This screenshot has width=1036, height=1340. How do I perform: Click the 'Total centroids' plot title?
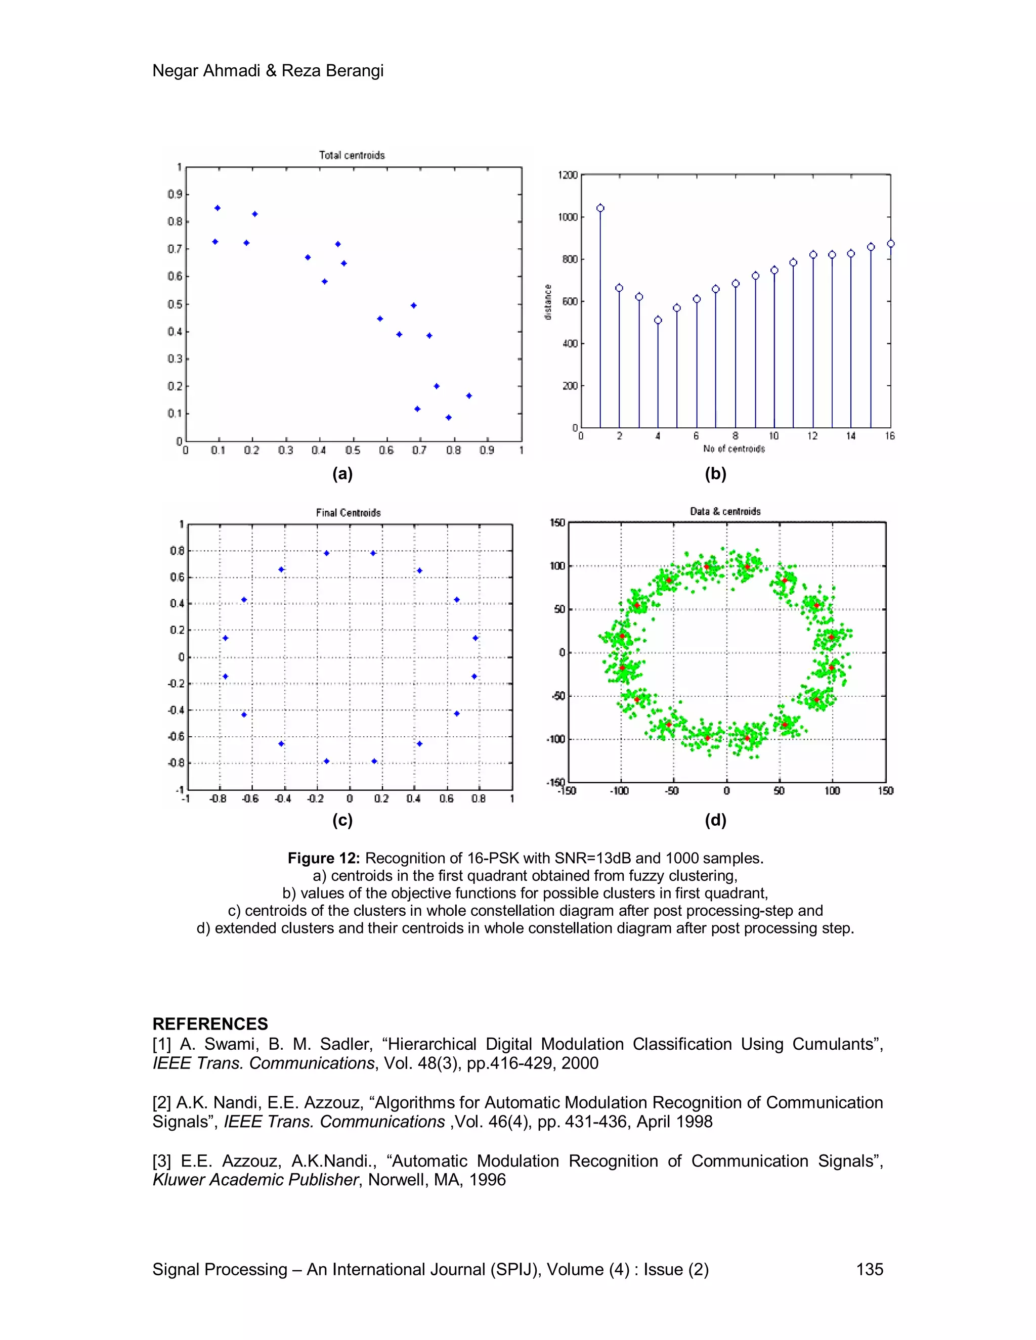click(352, 155)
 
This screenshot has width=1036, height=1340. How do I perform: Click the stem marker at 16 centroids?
click(890, 244)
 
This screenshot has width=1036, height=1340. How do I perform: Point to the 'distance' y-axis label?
click(548, 302)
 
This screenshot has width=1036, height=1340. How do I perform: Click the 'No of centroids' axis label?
click(734, 449)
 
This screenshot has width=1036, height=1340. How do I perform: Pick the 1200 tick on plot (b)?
click(568, 175)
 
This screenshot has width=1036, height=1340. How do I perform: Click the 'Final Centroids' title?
click(348, 513)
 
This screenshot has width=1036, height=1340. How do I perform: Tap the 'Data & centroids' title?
click(725, 512)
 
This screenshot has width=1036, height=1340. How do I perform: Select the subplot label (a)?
click(342, 474)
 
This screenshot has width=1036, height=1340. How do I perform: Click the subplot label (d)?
click(716, 820)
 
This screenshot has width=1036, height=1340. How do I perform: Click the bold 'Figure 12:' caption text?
click(323, 859)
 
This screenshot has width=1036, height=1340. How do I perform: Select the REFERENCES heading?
click(210, 1024)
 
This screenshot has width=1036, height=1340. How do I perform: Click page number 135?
click(869, 1269)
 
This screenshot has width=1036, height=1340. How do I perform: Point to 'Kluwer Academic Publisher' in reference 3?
click(255, 1180)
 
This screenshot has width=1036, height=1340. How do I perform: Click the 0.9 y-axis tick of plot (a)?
click(175, 195)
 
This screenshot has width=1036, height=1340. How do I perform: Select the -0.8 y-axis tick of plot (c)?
click(176, 763)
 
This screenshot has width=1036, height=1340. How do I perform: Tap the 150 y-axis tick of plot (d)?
click(557, 523)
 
